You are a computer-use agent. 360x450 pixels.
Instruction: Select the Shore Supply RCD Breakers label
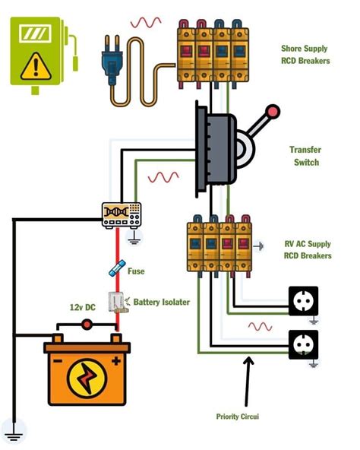click(305, 55)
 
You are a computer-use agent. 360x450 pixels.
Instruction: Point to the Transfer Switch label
click(304, 156)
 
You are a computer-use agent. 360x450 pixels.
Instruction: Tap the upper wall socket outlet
click(303, 300)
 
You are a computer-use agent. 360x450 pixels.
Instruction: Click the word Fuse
click(137, 271)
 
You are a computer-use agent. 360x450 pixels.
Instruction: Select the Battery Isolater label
click(161, 302)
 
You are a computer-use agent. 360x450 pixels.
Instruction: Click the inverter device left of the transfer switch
click(122, 215)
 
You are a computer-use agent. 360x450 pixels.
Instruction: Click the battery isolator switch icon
click(116, 302)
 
